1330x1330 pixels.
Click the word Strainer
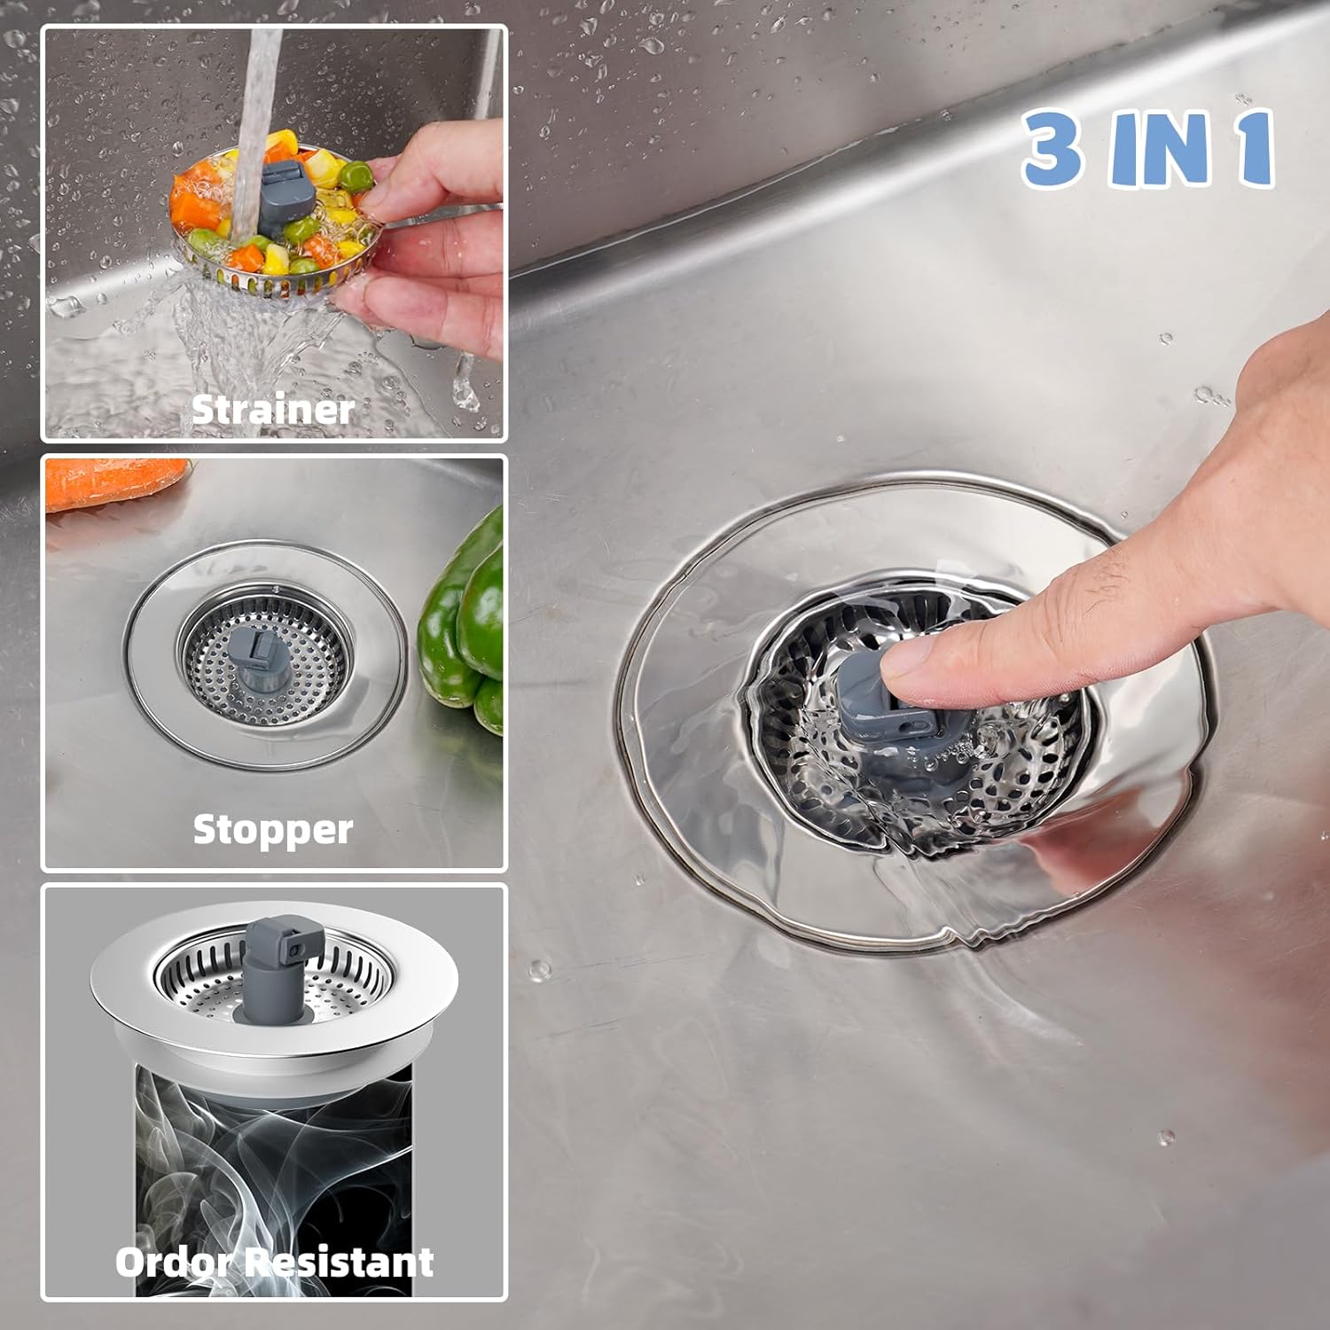(x=273, y=410)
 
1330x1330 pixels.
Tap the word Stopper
(x=273, y=830)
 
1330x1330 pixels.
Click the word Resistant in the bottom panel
(x=340, y=1262)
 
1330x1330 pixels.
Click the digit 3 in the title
(x=1052, y=148)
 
